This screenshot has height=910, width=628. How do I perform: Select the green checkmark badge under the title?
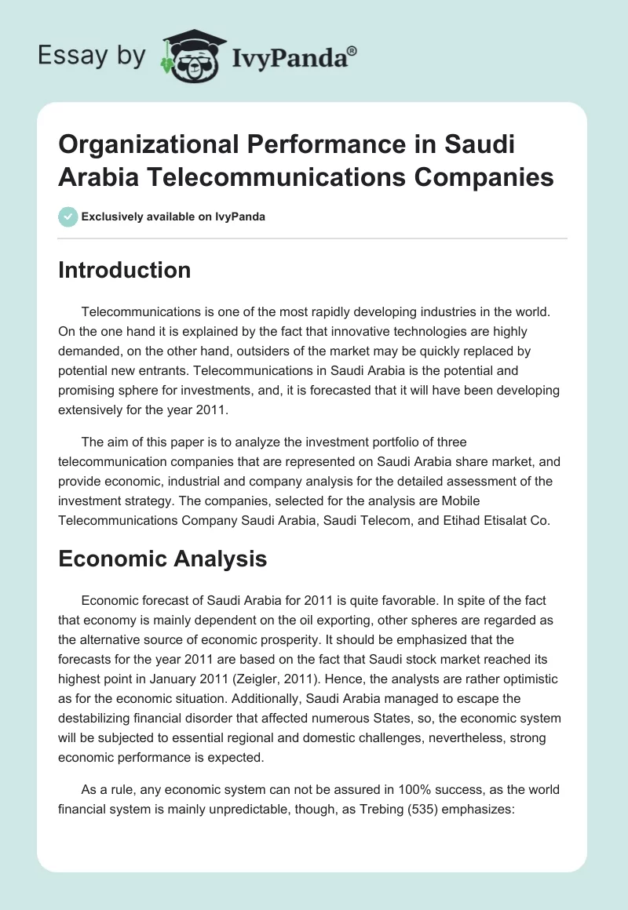[68, 217]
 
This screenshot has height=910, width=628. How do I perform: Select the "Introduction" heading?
[125, 270]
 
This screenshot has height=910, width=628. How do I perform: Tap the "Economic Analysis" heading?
[162, 559]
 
